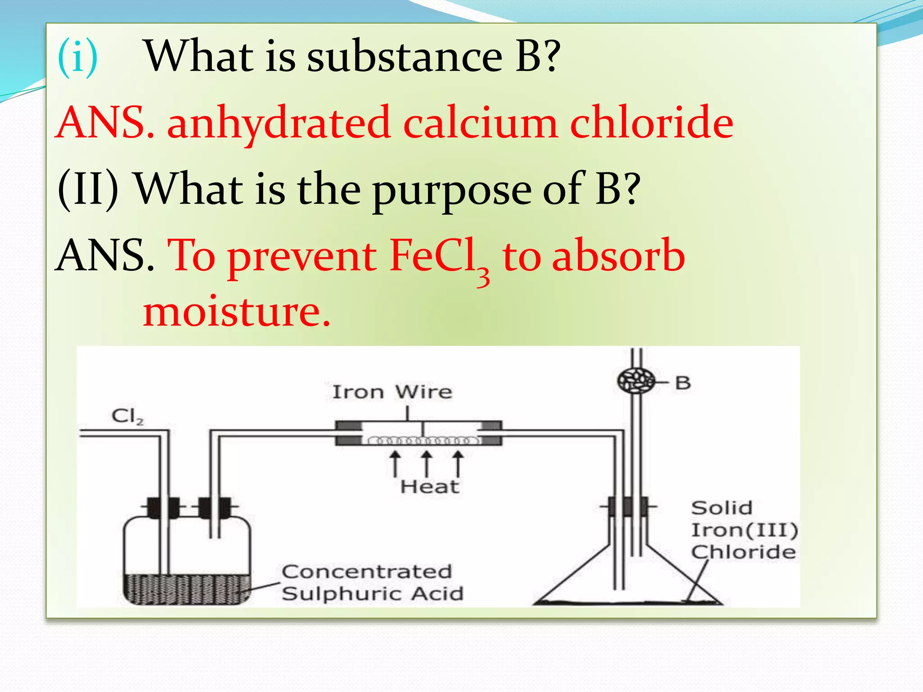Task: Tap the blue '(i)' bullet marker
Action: coord(78,57)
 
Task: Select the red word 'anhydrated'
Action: coord(279,123)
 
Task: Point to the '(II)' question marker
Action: coord(88,189)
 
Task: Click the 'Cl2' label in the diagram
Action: coord(128,416)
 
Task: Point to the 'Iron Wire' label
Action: coord(392,392)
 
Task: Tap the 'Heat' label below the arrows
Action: coord(430,487)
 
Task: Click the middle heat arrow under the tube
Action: coord(426,464)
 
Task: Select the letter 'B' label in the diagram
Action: coord(683,383)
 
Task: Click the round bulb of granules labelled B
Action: coord(636,381)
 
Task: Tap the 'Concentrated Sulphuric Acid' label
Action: coord(372,583)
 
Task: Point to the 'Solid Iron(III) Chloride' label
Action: coord(744,530)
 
